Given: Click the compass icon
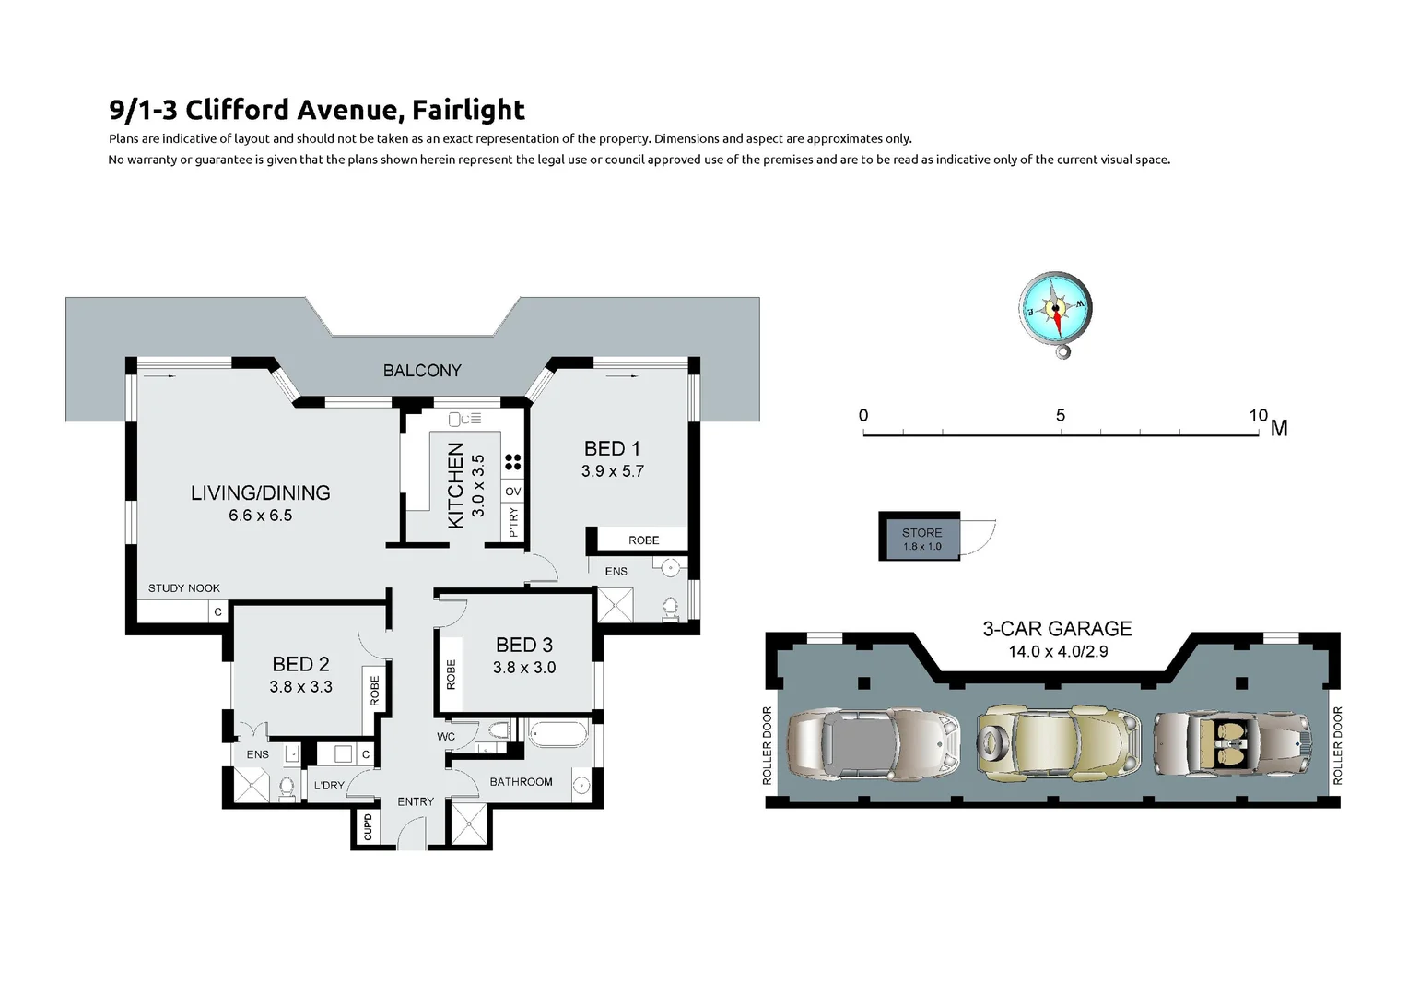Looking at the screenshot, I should coord(1055,310).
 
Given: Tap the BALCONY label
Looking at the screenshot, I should coord(422,371).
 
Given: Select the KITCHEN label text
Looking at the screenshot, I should coord(455,485).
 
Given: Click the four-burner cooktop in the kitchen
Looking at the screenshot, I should coord(513,462).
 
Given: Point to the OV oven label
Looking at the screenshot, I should coord(513,492).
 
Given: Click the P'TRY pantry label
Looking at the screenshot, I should coord(513,522).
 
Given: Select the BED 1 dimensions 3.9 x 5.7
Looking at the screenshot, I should coord(612,471).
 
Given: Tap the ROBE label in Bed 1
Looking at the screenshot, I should coord(643,540).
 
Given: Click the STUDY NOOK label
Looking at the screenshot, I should coord(184,588).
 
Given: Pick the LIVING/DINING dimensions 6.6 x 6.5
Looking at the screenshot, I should coord(260,516).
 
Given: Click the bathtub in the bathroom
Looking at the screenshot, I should coord(557,735).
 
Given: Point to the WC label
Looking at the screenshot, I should coord(446,737).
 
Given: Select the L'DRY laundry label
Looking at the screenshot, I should coord(329,786).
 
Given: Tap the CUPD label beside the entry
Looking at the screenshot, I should coord(368,827).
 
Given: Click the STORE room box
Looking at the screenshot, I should coord(921,538).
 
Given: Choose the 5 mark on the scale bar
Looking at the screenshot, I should coord(1061,416).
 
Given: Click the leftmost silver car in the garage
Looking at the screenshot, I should coord(873,742).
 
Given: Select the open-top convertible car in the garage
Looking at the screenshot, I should coord(1231,742).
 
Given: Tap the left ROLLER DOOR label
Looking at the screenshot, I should coord(767,746).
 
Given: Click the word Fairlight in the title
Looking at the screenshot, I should coord(468,110).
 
